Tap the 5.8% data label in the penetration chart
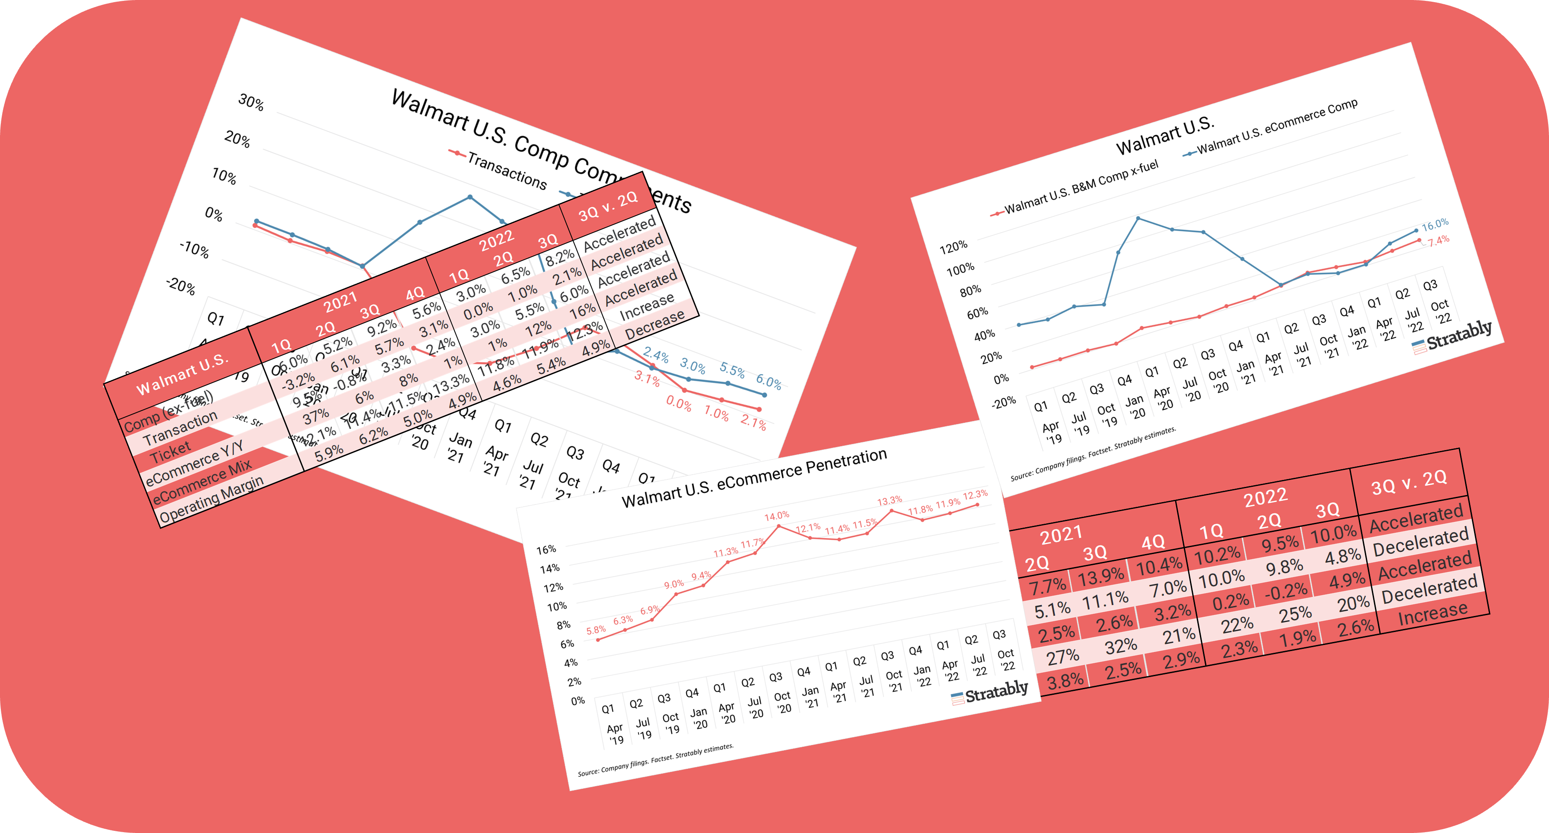[596, 630]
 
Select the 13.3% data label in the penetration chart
[889, 500]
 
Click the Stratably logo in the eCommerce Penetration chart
[990, 693]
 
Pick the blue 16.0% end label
[1435, 224]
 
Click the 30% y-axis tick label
[251, 102]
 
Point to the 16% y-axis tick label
[546, 550]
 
